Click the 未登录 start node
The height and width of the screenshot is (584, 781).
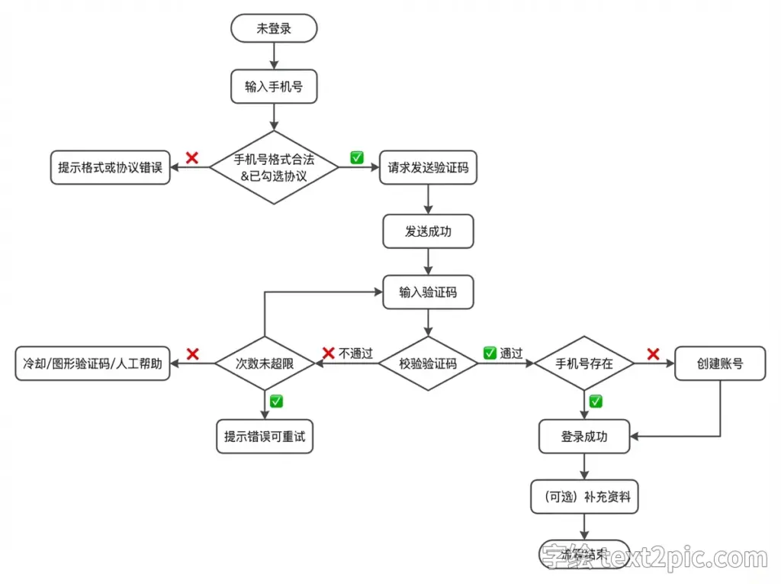coord(274,29)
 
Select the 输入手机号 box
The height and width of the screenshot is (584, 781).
coord(274,87)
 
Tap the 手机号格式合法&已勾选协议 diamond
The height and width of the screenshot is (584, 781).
coord(274,167)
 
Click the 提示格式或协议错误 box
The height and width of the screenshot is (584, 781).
coord(111,167)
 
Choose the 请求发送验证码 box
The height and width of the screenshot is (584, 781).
coord(428,167)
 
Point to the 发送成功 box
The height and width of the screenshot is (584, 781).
coord(428,231)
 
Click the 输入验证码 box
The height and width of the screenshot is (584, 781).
coord(428,292)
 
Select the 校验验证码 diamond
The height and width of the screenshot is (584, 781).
coord(428,363)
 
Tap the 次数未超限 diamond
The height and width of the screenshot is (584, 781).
coord(265,363)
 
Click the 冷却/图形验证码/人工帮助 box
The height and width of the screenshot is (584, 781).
coord(92,363)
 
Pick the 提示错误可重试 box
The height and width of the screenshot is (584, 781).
coord(265,437)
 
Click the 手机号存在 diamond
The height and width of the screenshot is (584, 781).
coord(584,363)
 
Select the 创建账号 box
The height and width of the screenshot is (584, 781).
coord(720,363)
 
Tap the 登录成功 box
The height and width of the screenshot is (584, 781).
coord(584,437)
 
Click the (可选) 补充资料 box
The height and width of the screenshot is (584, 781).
coord(584,498)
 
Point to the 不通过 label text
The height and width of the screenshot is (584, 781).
coord(355,353)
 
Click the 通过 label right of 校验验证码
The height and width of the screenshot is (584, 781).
coord(512,353)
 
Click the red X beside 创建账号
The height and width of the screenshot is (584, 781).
coord(653,353)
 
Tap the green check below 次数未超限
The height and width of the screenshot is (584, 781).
coord(276,401)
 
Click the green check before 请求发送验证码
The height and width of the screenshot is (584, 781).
coord(357,157)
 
